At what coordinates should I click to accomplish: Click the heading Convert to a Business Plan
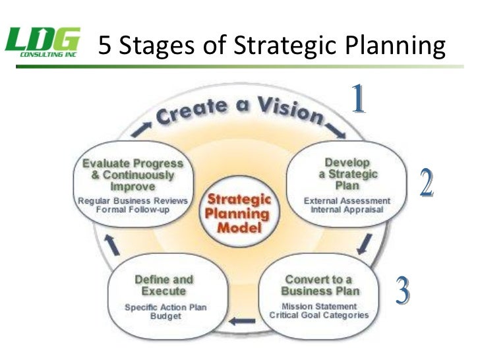[x=319, y=285]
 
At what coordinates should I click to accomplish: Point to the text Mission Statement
[x=319, y=306]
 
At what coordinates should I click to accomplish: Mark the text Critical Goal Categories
[x=319, y=315]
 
